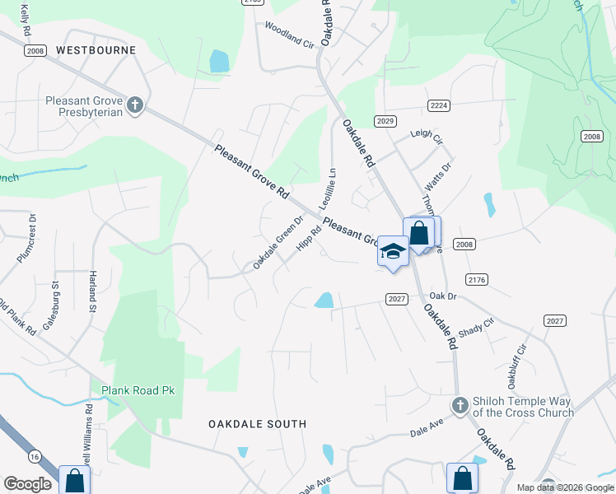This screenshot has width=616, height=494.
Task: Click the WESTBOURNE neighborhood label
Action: pyautogui.click(x=96, y=50)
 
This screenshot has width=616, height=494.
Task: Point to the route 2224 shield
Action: pyautogui.click(x=439, y=105)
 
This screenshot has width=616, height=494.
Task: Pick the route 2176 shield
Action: pyautogui.click(x=477, y=280)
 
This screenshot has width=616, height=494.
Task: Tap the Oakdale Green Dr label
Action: pyautogui.click(x=278, y=242)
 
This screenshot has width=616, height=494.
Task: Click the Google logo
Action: pyautogui.click(x=28, y=485)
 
